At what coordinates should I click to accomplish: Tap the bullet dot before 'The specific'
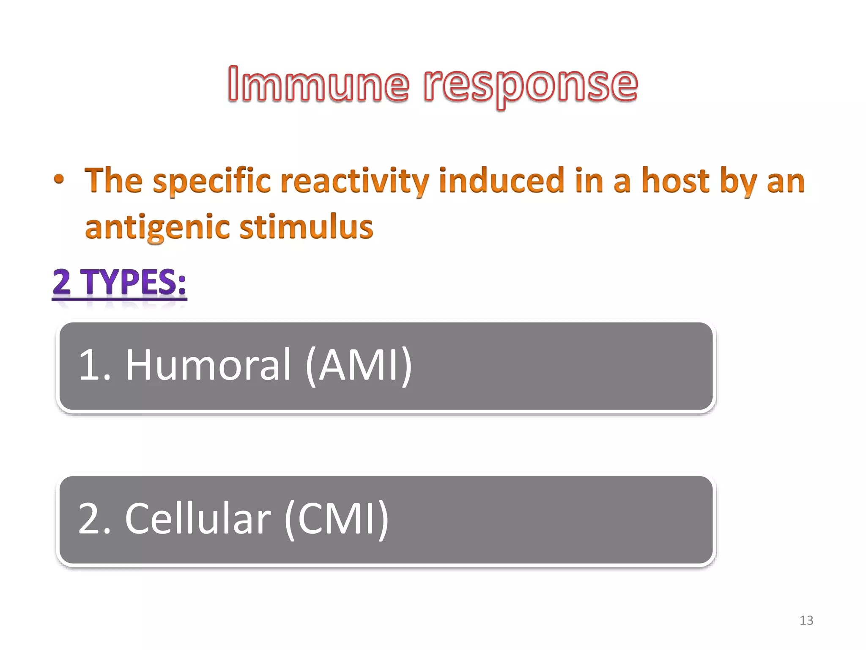pyautogui.click(x=59, y=179)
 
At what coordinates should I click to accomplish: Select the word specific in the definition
pyautogui.click(x=211, y=181)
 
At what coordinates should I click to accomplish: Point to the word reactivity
pyautogui.click(x=354, y=181)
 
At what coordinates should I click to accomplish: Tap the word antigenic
pyautogui.click(x=157, y=228)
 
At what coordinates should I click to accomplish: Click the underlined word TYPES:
pyautogui.click(x=134, y=282)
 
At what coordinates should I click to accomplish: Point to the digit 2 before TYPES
pyautogui.click(x=62, y=282)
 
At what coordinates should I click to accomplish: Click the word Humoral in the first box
pyautogui.click(x=208, y=365)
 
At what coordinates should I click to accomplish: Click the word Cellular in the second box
pyautogui.click(x=197, y=519)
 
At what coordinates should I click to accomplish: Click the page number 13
pyautogui.click(x=806, y=620)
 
